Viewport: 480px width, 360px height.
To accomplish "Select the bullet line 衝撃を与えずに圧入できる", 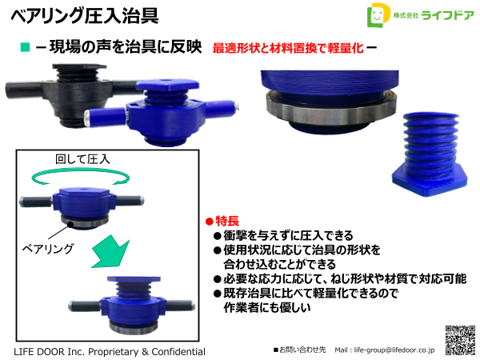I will click(x=282, y=236).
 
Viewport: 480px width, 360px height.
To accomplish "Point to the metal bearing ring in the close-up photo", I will click(x=328, y=121).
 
